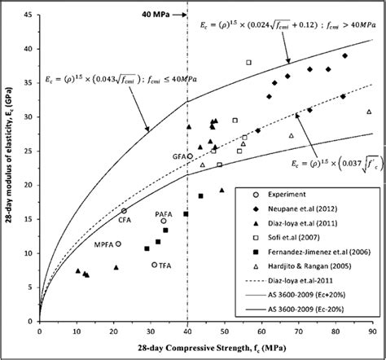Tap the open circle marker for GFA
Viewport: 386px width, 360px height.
190,156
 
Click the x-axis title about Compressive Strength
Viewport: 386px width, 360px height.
205,347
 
